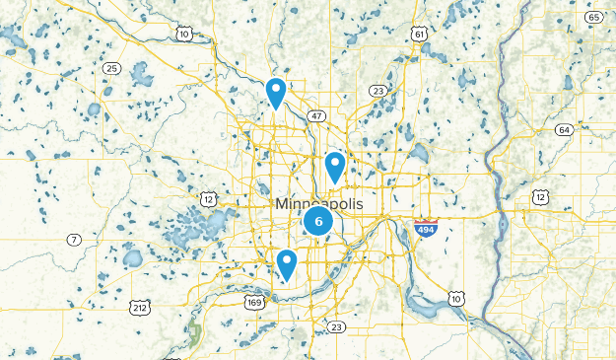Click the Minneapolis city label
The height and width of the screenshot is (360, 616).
point(318,203)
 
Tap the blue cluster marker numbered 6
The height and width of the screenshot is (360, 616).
point(318,220)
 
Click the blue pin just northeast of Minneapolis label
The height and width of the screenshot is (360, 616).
point(335,167)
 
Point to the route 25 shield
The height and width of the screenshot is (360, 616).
point(111,68)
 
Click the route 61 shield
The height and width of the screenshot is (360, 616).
point(420,35)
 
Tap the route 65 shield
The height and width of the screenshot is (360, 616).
point(593,18)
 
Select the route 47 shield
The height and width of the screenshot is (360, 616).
point(316,115)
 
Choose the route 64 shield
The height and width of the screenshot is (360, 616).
point(564,130)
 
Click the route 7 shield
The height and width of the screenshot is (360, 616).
point(74,240)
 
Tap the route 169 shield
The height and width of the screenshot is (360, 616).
point(254,303)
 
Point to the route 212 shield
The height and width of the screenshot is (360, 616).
point(139,308)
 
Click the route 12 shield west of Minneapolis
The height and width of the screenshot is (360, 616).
point(208,199)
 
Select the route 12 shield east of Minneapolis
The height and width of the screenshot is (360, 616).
point(541,199)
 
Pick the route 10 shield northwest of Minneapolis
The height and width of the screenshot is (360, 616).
point(184,35)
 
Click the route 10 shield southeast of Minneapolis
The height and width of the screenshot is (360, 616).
point(455,298)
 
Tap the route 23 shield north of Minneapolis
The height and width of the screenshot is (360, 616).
point(378,91)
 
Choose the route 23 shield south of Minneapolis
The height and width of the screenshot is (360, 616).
point(337,326)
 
